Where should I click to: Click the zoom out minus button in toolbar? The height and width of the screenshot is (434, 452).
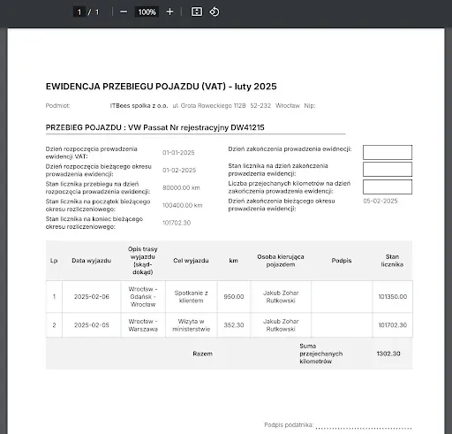click(x=123, y=11)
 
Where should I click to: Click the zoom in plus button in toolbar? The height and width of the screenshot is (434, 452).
click(x=169, y=11)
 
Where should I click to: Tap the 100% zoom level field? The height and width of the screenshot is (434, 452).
click(x=147, y=11)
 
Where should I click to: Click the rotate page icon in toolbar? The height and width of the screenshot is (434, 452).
click(x=215, y=11)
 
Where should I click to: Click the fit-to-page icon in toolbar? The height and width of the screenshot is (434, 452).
click(x=196, y=11)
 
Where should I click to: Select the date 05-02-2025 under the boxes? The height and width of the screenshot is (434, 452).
click(x=380, y=202)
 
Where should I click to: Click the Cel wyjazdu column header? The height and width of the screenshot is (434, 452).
click(x=192, y=261)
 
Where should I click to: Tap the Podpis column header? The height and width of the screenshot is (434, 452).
click(x=341, y=261)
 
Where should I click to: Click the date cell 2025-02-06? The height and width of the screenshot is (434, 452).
click(x=91, y=297)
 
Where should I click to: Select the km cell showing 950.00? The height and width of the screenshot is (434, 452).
click(x=233, y=297)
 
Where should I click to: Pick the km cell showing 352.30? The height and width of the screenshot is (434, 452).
click(x=233, y=325)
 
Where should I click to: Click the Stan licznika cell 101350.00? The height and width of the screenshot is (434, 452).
click(x=392, y=297)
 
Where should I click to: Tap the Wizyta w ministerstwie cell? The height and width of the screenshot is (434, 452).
click(x=192, y=325)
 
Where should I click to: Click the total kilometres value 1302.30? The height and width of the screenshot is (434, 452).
click(x=388, y=354)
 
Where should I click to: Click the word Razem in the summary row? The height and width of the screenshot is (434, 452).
click(x=202, y=354)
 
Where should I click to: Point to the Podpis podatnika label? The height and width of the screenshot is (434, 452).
click(x=289, y=425)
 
